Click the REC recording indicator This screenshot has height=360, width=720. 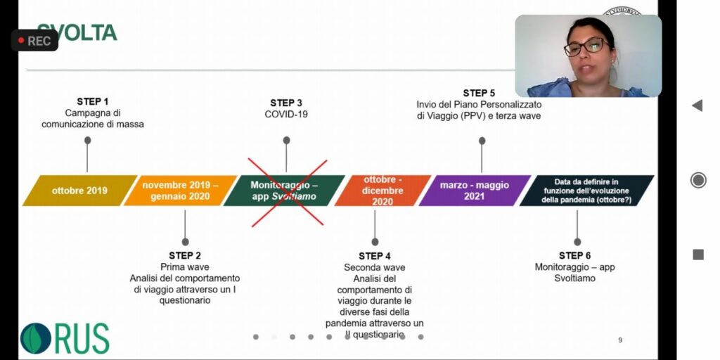click(34, 41)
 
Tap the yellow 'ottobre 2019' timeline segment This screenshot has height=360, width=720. click(79, 191)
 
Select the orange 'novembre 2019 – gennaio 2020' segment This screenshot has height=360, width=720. click(180, 191)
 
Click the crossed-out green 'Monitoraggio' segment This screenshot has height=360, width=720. click(284, 191)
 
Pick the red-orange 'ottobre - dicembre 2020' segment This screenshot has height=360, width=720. click(383, 191)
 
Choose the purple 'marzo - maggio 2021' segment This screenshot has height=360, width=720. click(474, 191)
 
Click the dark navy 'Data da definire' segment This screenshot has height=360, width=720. click(586, 191)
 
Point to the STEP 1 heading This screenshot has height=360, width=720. click(93, 101)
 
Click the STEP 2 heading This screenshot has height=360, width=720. click(185, 255)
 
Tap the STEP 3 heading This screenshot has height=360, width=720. click(286, 103)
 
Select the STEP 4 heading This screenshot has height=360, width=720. click(375, 256)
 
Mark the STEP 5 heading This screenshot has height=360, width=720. click(479, 93)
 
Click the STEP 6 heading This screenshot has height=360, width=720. click(574, 255)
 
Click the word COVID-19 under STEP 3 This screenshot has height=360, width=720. click(286, 114)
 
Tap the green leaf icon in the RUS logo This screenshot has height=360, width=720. click(34, 338)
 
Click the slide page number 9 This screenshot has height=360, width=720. click(620, 340)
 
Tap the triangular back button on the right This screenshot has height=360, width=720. click(697, 105)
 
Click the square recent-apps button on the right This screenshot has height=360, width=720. click(697, 255)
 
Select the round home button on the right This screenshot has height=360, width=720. click(698, 180)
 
